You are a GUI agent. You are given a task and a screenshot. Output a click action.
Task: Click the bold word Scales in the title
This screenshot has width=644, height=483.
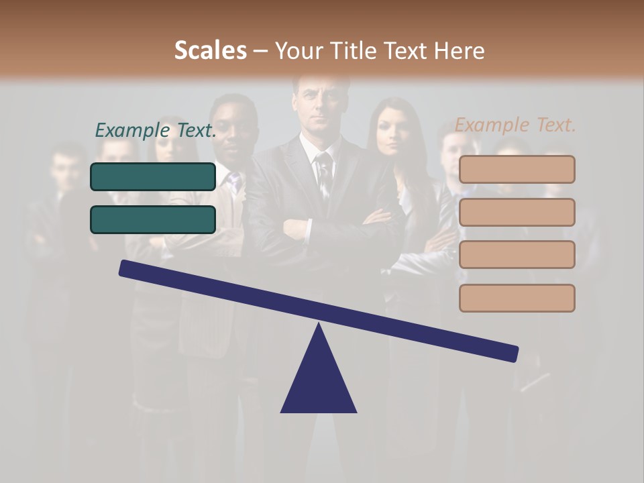point(210,50)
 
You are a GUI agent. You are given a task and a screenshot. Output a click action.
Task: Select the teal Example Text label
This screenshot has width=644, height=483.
point(156,130)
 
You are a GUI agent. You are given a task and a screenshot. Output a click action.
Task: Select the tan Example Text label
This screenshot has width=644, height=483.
point(515,125)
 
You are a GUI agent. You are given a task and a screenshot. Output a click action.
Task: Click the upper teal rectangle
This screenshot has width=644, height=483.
point(153,176)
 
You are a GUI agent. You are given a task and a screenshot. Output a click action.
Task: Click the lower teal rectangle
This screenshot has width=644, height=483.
point(153,219)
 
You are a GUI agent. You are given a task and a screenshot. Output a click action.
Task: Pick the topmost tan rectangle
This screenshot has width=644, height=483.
point(517,169)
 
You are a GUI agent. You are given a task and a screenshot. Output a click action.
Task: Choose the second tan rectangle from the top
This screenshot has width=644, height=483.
point(517,212)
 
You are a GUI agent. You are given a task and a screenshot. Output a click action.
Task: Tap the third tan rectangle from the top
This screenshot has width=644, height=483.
point(517,254)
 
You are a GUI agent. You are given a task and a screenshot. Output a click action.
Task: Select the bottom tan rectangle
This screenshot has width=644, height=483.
point(517,298)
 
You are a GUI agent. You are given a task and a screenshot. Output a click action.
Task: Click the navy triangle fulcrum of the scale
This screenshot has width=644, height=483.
point(319,382)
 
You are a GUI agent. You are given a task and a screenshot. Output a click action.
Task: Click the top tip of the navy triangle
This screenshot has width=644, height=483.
point(319,326)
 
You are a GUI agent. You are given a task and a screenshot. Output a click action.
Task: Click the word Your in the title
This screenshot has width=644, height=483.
point(299,50)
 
